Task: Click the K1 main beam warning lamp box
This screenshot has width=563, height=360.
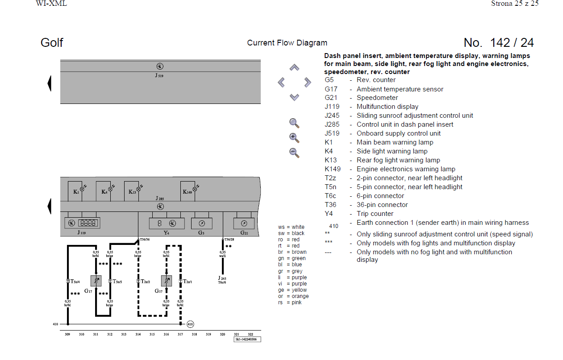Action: (77, 190)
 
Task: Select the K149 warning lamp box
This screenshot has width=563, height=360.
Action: (190, 190)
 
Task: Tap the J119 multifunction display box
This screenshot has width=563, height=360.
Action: (82, 223)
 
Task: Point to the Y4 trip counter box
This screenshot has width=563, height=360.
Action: (167, 223)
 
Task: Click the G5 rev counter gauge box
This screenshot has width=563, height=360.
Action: (201, 223)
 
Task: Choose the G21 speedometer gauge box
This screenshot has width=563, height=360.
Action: (244, 223)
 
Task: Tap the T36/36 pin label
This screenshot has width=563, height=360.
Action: (145, 240)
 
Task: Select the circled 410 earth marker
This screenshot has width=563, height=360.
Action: (190, 324)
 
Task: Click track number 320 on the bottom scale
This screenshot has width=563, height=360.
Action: (222, 334)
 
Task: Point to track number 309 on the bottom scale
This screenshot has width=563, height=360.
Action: (67, 334)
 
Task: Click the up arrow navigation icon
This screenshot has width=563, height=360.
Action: (294, 68)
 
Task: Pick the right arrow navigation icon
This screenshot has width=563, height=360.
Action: (308, 82)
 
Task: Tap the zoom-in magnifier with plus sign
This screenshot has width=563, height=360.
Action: (294, 137)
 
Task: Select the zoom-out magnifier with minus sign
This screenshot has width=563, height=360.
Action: (294, 152)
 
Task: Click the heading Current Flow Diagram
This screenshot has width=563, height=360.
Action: (287, 43)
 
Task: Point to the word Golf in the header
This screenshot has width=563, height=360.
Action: (52, 43)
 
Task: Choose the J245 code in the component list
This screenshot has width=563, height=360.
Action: (332, 116)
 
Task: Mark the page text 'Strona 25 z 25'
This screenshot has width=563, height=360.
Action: (515, 4)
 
